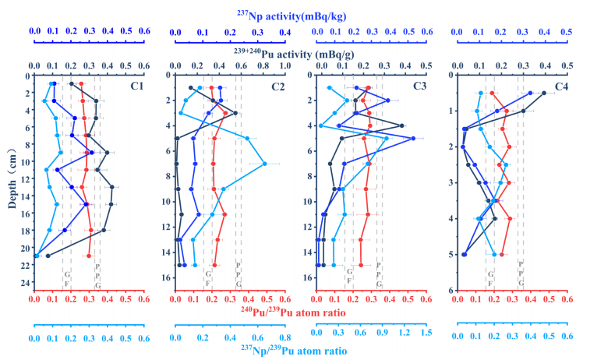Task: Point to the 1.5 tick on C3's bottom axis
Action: tap(426, 332)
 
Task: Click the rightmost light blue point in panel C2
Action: tap(264, 164)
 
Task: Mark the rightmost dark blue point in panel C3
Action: tap(413, 139)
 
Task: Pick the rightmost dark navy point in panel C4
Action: tap(544, 94)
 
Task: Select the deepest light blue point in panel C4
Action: tap(494, 254)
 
